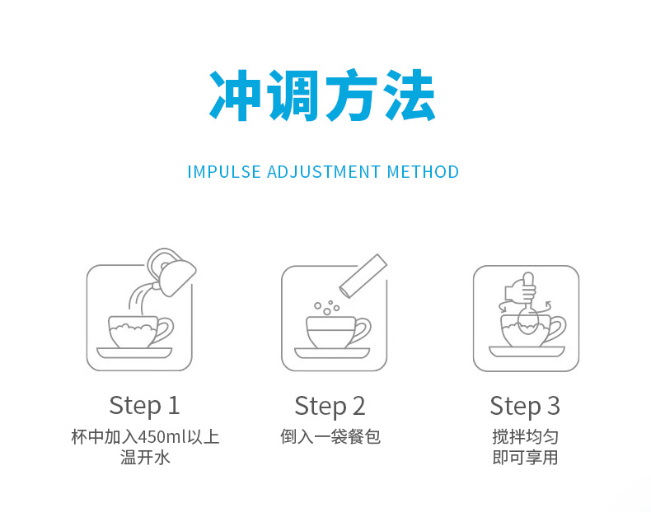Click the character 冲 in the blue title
tap(235, 95)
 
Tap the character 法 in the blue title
tap(409, 95)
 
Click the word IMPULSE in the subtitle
tap(224, 172)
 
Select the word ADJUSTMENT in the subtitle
tap(323, 172)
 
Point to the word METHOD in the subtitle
tap(423, 172)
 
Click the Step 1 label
tap(144, 406)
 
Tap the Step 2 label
tap(330, 406)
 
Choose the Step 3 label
tap(525, 406)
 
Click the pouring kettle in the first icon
tap(171, 272)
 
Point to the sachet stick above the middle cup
tap(363, 276)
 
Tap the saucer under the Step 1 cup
tap(134, 353)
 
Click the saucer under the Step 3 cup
tap(527, 351)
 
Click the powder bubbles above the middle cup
tap(327, 308)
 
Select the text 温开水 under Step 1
tap(145, 458)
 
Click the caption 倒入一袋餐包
tap(330, 437)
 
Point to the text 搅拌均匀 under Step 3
tap(525, 437)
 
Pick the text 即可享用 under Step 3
tap(525, 458)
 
